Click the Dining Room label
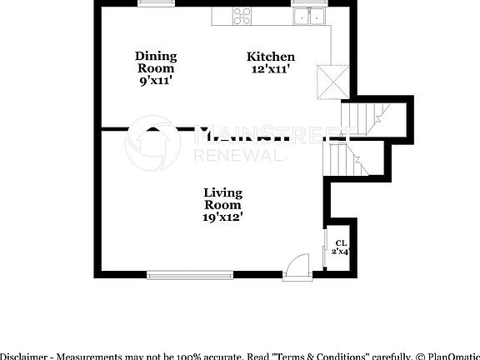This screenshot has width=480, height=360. click(156, 62)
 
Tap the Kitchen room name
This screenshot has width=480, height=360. click(270, 57)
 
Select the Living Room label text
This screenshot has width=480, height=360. click(222, 198)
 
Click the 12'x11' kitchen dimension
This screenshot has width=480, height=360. click(270, 69)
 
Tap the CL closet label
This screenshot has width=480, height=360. click(340, 242)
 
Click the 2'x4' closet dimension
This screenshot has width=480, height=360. click(340, 251)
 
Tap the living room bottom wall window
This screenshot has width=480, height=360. click(190, 273)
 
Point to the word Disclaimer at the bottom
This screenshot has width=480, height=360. click(22, 354)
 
